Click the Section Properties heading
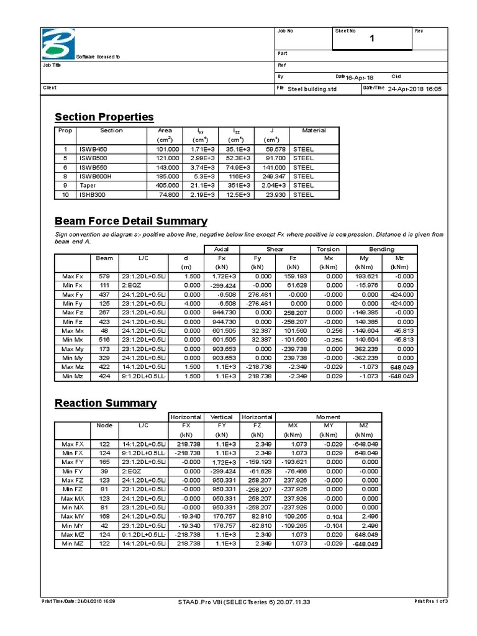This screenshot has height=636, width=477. coord(104,117)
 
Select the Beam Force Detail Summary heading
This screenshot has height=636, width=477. coord(130,221)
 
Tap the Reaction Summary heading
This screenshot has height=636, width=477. coord(106,403)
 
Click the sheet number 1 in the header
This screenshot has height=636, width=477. coord(372,39)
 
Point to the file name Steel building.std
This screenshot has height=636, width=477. coord(311,89)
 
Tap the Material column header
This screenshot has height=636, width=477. coord(314,130)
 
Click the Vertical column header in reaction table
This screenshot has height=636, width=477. coord(222,417)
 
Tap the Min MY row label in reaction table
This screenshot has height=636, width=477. coord(73,525)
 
